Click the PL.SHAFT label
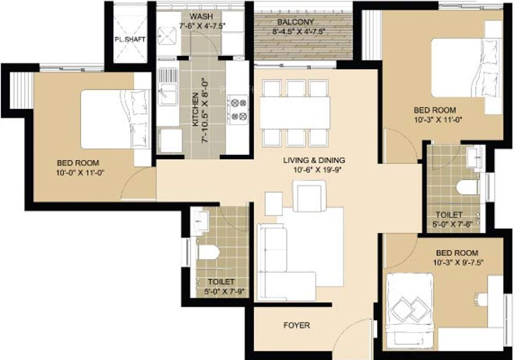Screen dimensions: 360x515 [x=130, y=39]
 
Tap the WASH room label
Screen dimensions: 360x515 [x=201, y=16]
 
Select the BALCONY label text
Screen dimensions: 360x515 [x=295, y=22]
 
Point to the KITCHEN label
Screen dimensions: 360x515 [x=195, y=110]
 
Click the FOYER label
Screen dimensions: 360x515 [x=297, y=325]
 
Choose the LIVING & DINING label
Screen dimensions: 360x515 [x=314, y=160]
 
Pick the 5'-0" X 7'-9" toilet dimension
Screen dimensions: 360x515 [x=221, y=292]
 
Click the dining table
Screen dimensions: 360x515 [x=295, y=112]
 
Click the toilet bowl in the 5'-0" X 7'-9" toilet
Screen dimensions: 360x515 [x=208, y=252]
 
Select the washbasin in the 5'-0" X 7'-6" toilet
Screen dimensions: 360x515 [x=473, y=157]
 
